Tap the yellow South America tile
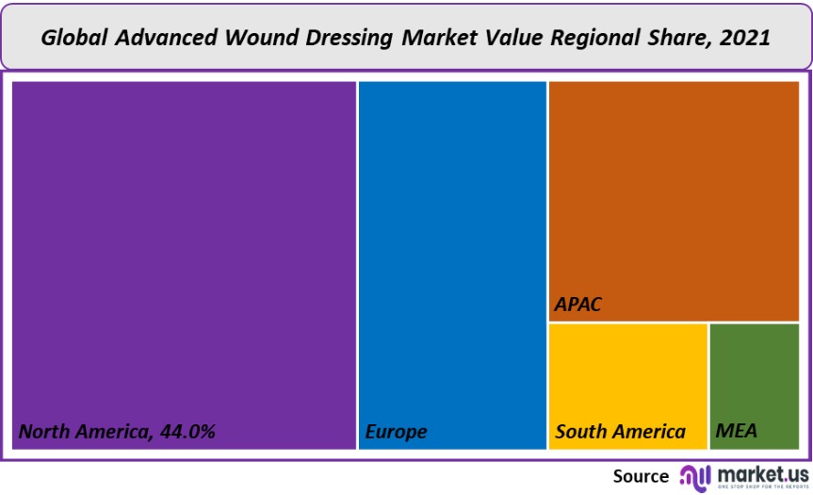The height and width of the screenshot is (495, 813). point(627,377)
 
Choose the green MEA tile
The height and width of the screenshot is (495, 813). point(754,377)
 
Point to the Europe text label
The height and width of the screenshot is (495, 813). point(396,432)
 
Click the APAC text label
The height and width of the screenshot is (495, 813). point(577,305)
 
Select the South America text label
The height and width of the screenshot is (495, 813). point(620,432)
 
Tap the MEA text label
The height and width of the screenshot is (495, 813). point(736,432)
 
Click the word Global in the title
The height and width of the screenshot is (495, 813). point(75,38)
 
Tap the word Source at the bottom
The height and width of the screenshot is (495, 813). point(641,475)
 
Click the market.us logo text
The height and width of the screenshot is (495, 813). point(763,472)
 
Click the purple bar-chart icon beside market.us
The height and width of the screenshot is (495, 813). point(695,475)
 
